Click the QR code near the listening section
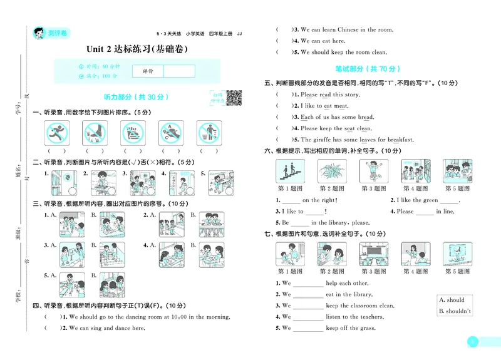[234, 98]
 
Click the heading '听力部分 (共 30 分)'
[136, 97]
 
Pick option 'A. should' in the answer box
[452, 300]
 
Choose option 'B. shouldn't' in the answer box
[455, 311]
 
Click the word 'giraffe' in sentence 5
[323, 140]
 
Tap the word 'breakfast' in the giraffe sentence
[399, 140]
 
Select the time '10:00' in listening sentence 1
[178, 317]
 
